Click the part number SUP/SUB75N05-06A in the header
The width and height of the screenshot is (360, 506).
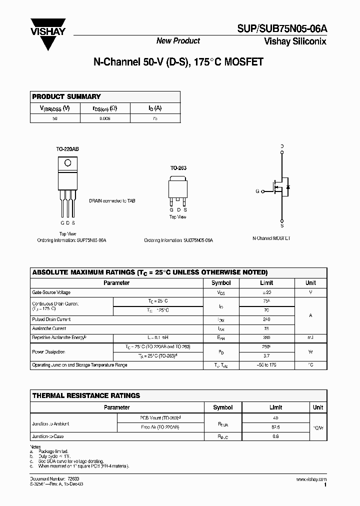[x=285, y=30]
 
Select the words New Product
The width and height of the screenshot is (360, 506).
[x=178, y=41]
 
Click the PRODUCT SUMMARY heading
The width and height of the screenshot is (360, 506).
[x=66, y=96]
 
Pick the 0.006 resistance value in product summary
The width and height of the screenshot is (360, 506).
[x=105, y=118]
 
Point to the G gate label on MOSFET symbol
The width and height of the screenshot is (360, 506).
[x=258, y=191]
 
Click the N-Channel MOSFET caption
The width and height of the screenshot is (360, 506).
[x=271, y=239]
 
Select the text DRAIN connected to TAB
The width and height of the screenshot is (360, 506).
[x=112, y=201]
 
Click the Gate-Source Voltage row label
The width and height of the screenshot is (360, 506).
[x=51, y=292]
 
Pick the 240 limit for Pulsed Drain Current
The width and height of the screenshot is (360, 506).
[x=266, y=319]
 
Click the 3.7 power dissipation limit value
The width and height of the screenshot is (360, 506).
[x=266, y=355]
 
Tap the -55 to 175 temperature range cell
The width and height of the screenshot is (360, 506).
[x=266, y=365]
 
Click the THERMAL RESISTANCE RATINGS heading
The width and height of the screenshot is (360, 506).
[x=86, y=395]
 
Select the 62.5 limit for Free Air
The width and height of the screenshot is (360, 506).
[x=275, y=427]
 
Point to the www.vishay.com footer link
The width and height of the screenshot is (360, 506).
[x=311, y=479]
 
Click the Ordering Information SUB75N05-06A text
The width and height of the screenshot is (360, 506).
[x=178, y=240]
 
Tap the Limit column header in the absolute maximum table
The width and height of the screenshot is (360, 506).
[x=266, y=282]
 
